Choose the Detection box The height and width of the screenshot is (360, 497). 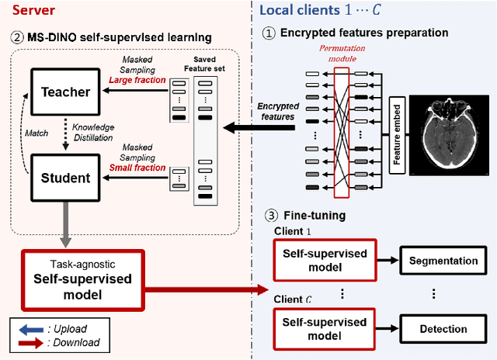click(443, 329)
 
